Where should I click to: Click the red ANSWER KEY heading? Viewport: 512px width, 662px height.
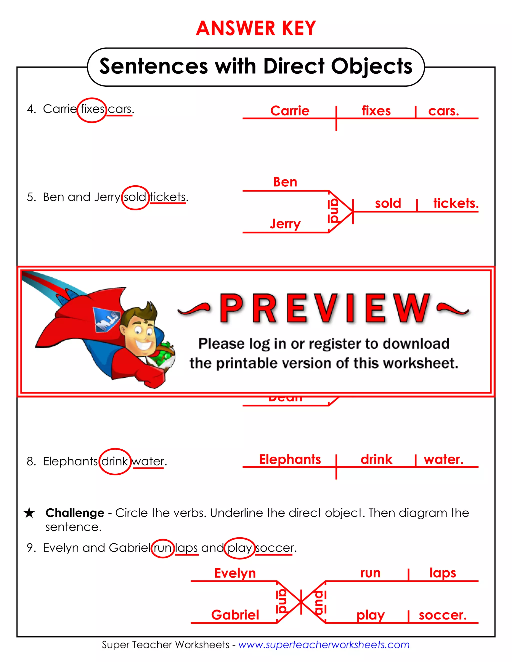click(256, 28)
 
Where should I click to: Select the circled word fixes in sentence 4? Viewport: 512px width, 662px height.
click(92, 109)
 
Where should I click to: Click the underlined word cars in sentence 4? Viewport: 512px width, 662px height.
click(120, 109)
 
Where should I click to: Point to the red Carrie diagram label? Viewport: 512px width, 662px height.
click(290, 111)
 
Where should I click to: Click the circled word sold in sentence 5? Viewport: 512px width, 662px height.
click(135, 197)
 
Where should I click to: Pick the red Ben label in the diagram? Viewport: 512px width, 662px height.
click(285, 182)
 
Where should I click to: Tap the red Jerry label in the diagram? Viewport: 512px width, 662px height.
click(285, 224)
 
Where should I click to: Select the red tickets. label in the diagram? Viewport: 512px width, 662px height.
click(455, 203)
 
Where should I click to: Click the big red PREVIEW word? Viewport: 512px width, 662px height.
click(324, 309)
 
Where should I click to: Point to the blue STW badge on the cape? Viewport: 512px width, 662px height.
click(106, 320)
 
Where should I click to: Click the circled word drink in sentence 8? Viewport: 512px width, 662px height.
click(115, 461)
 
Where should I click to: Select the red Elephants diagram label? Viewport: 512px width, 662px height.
click(290, 459)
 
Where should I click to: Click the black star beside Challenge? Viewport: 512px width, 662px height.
click(29, 513)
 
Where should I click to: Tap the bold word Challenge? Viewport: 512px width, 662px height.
click(75, 513)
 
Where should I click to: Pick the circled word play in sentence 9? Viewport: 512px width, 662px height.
click(239, 548)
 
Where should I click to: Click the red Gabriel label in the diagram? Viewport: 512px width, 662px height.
click(235, 615)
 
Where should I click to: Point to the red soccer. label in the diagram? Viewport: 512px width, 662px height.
click(442, 615)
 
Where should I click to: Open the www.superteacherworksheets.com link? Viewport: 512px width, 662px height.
click(324, 645)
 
